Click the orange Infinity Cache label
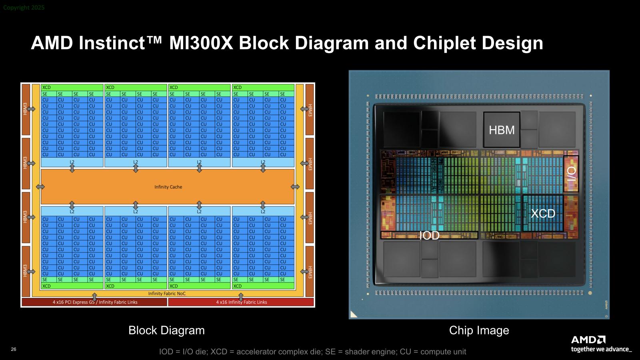click(168, 187)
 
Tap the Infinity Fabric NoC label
click(167, 294)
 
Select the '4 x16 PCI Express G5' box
click(95, 302)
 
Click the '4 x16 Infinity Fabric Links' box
click(241, 302)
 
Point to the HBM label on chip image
click(502, 130)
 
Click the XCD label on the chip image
click(543, 214)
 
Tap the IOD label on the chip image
click(429, 236)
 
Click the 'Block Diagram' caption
click(166, 330)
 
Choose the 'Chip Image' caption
click(479, 330)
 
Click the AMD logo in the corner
click(588, 340)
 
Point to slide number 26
click(14, 350)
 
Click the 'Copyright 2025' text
click(24, 8)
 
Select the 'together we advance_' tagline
click(601, 349)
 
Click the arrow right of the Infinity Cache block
click(295, 187)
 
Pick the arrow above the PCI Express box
click(95, 296)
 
